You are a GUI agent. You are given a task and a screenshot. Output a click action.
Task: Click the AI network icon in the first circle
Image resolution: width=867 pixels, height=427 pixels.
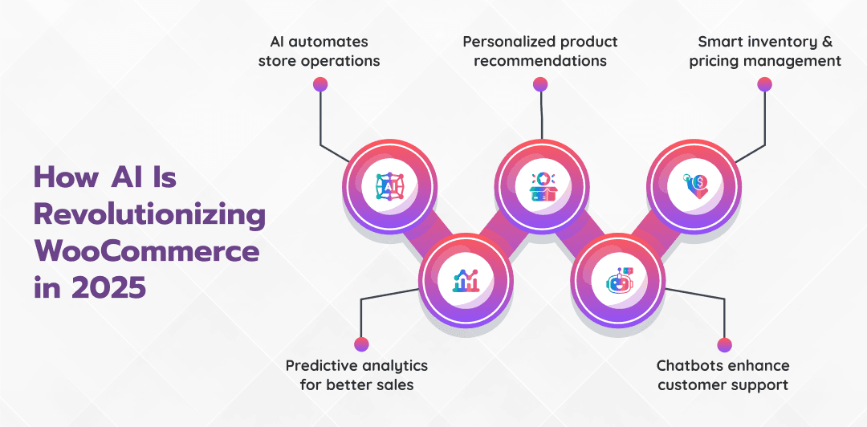pos(390,187)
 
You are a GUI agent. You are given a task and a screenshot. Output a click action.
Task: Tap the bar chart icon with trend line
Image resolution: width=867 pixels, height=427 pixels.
pos(466,281)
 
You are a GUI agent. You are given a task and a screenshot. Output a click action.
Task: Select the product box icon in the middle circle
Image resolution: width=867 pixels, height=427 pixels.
pos(542,187)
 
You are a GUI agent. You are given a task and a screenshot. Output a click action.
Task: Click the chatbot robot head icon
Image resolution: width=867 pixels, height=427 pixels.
pos(618,281)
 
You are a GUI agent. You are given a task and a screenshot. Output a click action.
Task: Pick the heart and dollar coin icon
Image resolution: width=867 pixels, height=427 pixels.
pos(694,187)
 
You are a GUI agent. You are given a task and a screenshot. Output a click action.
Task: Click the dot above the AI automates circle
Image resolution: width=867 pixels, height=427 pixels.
pos(320,83)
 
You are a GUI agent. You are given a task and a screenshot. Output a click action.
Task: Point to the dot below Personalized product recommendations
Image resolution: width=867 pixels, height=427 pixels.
pos(540,83)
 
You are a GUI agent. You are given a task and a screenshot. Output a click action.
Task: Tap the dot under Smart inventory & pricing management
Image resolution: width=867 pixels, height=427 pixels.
pos(764,83)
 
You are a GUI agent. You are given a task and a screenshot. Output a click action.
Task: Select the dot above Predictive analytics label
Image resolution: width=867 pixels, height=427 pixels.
pos(361,344)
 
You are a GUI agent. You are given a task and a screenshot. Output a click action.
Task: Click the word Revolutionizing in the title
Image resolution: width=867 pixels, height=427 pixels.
pos(149,216)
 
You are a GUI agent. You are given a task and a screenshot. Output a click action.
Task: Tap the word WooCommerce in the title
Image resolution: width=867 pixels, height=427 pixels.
pos(147,251)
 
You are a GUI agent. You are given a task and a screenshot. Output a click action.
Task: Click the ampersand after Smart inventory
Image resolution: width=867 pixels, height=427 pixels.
pos(826,41)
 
